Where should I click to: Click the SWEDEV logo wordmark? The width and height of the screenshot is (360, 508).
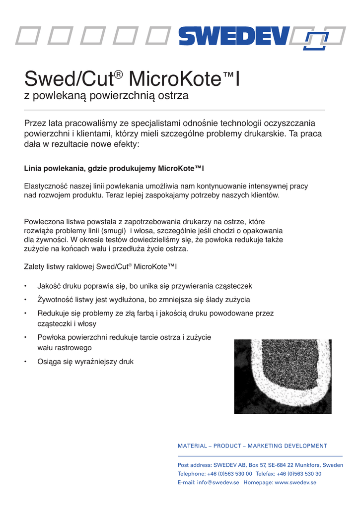(233, 36)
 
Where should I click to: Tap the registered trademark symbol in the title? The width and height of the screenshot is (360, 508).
(118, 75)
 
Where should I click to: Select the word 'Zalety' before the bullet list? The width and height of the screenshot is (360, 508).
(34, 266)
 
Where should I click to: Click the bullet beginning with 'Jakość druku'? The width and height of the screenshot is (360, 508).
(145, 286)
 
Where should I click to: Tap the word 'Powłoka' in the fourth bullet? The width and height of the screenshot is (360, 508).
(52, 337)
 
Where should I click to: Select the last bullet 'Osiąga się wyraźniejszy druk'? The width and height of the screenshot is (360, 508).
(85, 362)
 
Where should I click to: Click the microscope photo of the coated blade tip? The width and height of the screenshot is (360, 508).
(283, 377)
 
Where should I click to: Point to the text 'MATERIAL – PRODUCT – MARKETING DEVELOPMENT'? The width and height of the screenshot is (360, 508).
(252, 446)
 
